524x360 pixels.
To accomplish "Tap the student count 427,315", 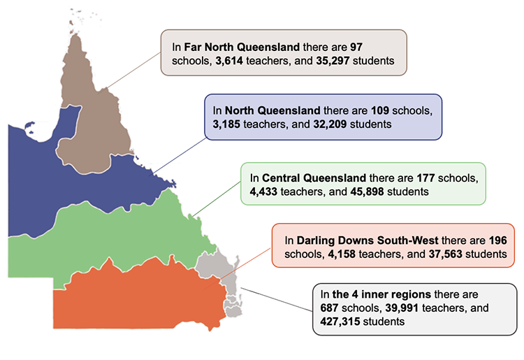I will [x=342, y=322].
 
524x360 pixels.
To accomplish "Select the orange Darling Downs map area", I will [x=140, y=294].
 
